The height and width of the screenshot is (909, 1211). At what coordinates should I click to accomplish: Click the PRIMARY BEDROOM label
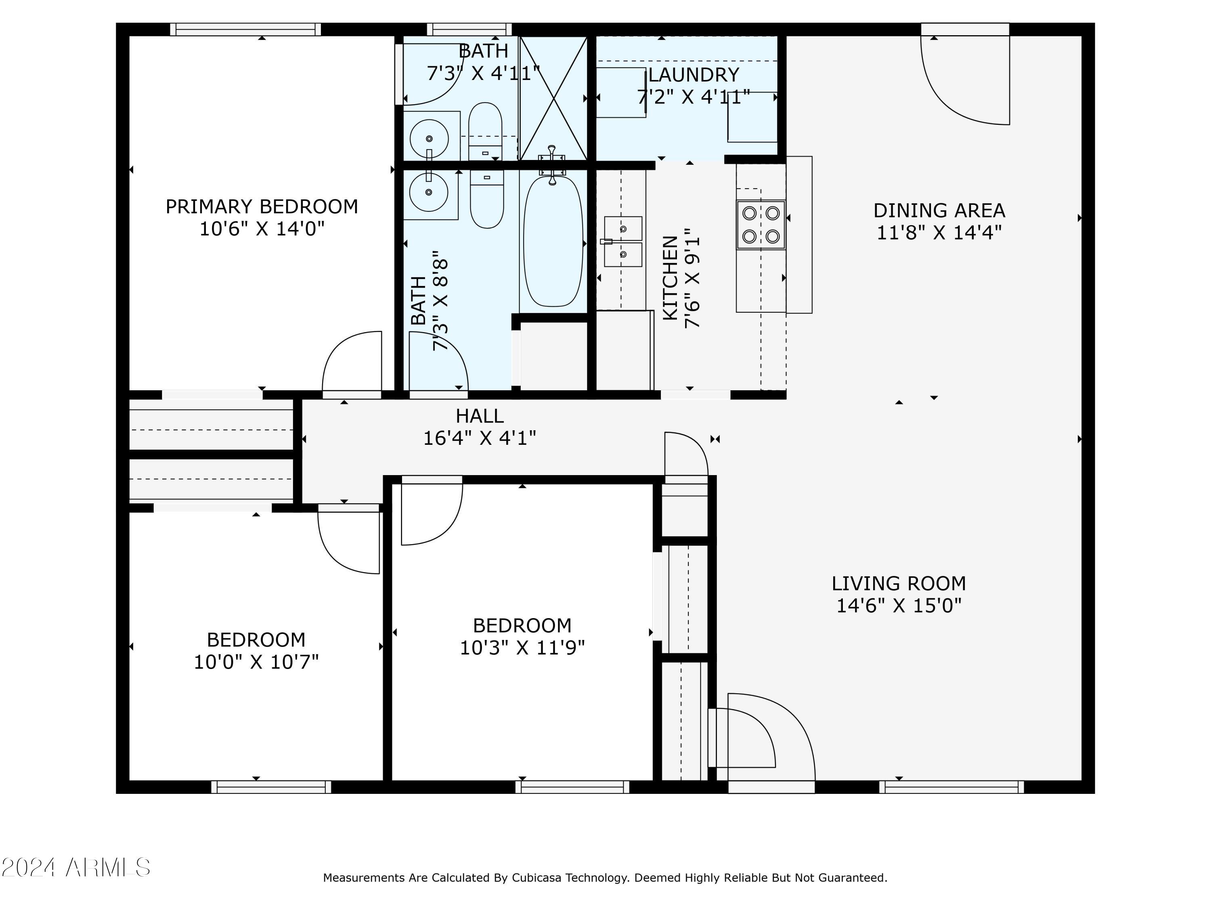[262, 206]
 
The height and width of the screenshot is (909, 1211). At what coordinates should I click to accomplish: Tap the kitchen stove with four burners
[761, 225]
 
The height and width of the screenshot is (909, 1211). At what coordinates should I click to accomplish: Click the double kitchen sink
[623, 242]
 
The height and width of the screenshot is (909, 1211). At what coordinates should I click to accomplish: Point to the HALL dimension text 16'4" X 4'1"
[480, 438]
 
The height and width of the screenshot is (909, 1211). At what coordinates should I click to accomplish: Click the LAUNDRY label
[693, 74]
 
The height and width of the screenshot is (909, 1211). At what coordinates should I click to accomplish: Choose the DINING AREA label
[939, 210]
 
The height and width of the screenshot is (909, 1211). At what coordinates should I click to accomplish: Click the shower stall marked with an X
[553, 99]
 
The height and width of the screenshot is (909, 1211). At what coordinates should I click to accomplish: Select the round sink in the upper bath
[429, 139]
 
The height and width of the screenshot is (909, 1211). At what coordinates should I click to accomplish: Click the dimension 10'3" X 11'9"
[522, 648]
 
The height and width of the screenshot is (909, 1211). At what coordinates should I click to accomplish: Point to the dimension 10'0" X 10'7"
[256, 662]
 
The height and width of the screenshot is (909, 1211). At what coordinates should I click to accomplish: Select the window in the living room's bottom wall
[951, 787]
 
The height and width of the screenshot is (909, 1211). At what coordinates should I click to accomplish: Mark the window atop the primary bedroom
[245, 29]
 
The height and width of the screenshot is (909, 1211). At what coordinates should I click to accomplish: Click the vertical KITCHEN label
[670, 278]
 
